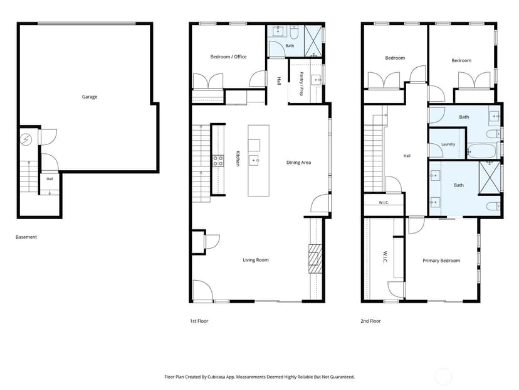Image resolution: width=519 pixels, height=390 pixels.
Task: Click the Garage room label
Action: point(90,97)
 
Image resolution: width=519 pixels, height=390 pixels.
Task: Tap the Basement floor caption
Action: point(26,237)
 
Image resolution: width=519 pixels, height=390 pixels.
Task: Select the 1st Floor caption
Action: point(199,321)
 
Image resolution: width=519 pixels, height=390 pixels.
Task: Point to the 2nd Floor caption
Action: point(370,321)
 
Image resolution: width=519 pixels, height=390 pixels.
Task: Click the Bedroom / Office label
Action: point(228,57)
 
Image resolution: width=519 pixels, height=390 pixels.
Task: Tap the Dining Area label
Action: point(298,163)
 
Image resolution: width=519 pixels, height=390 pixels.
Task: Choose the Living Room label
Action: point(256,260)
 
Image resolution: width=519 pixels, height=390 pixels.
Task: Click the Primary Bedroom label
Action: point(441,261)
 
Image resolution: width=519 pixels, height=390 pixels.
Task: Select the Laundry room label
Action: point(448,144)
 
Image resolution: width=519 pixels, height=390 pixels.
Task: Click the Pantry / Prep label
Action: point(301,84)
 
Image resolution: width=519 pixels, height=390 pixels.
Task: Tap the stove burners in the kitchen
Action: point(218,161)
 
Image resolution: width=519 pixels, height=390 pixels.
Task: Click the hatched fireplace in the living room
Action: point(315,259)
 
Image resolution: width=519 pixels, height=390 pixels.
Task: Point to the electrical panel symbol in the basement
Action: point(26,139)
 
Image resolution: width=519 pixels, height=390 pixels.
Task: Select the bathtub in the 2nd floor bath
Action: point(481,151)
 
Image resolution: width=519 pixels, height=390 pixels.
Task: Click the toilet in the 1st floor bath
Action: point(294,32)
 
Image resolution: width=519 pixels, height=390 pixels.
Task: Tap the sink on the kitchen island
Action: point(254,161)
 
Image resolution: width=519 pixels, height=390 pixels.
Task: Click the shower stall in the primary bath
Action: point(490,178)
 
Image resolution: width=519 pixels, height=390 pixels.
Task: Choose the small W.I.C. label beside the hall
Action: point(384,203)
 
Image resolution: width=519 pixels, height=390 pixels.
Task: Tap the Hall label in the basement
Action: point(50,179)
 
